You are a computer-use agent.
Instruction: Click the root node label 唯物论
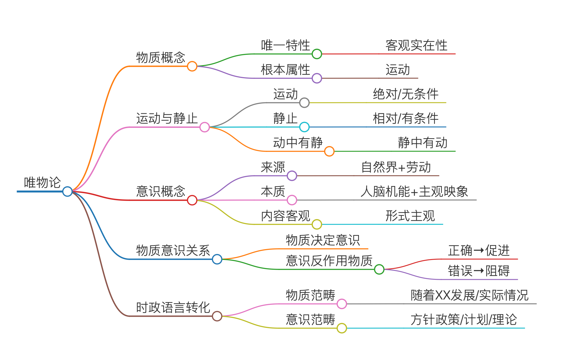pyautogui.click(x=42, y=183)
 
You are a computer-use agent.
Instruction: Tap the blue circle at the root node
pyautogui.click(x=67, y=191)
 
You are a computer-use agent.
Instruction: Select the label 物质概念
pyautogui.click(x=161, y=58)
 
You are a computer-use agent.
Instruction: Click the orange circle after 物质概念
pyautogui.click(x=192, y=66)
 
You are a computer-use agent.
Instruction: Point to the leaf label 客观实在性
pyautogui.click(x=416, y=46)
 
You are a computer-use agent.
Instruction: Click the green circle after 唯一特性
pyautogui.click(x=317, y=54)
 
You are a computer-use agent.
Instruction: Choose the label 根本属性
pyautogui.click(x=285, y=70)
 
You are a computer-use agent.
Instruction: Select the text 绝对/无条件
pyautogui.click(x=405, y=94)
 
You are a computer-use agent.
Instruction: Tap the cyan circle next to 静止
pyautogui.click(x=304, y=127)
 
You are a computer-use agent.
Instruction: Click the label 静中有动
pyautogui.click(x=422, y=143)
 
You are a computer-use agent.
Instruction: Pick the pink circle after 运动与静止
pyautogui.click(x=204, y=127)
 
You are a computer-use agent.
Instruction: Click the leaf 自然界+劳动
pyautogui.click(x=396, y=167)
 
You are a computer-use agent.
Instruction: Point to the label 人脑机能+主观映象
pyautogui.click(x=414, y=192)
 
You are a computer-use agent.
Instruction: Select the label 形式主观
pyautogui.click(x=410, y=216)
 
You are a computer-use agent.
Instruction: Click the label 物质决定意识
pyautogui.click(x=323, y=240)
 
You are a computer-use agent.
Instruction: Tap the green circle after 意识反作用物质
pyautogui.click(x=379, y=269)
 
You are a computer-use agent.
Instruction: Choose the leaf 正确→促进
pyautogui.click(x=479, y=251)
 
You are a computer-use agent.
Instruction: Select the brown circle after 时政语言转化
pyautogui.click(x=217, y=316)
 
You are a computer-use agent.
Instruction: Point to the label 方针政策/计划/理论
pyautogui.click(x=463, y=320)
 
